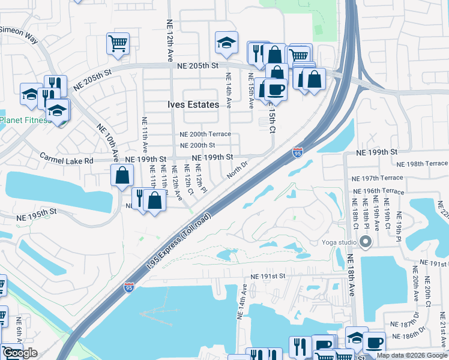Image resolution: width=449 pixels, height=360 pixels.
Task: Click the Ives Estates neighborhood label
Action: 193,104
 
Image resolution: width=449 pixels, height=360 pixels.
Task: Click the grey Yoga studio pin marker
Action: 366,243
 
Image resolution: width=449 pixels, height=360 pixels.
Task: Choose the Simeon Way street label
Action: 19,35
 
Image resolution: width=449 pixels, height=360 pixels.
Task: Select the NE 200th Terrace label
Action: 205,134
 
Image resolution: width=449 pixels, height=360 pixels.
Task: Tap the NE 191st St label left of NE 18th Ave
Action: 266,276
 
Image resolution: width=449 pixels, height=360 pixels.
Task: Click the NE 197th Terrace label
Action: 378,178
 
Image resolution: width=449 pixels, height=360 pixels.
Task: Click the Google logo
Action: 20,353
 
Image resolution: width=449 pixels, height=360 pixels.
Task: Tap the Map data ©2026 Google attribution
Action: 412,355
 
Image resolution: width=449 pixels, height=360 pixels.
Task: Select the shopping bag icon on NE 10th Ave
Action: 122,176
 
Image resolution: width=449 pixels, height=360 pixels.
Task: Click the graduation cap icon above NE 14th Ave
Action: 226,42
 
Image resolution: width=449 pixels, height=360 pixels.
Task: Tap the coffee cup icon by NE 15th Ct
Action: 276,89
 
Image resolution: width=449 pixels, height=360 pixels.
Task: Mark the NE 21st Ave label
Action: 442,328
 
